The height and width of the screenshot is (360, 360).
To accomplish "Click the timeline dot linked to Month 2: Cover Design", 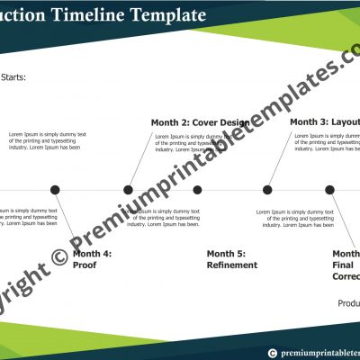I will coord(128,190).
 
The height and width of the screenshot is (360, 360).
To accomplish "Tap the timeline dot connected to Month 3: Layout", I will coord(267,190).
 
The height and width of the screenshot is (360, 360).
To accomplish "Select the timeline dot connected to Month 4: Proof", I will coord(55,190).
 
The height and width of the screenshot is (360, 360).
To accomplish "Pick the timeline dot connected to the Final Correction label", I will coord(329,190).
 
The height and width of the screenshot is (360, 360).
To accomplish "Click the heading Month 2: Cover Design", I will coord(200,122).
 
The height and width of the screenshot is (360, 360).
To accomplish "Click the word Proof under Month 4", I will coord(85,265).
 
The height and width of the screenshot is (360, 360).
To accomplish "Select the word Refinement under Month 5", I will coord(232,265).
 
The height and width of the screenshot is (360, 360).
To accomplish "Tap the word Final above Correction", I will coord(343,265).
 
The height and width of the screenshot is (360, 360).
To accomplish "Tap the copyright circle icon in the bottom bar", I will coord(271,353).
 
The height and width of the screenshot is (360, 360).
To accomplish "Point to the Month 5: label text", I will coord(226,254).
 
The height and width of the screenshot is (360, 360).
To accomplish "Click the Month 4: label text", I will coord(93,254).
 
